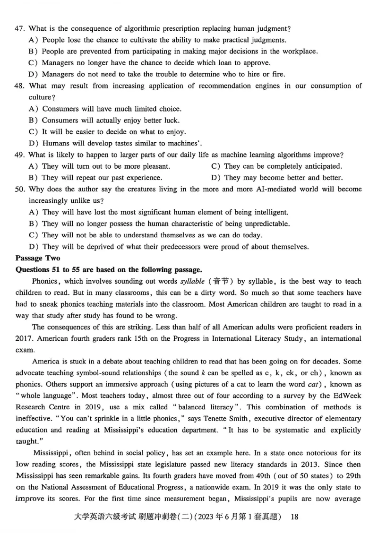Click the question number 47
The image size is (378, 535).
20,29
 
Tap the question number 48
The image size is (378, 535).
20,86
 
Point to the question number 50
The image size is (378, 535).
20,189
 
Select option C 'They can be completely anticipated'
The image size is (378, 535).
282,166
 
